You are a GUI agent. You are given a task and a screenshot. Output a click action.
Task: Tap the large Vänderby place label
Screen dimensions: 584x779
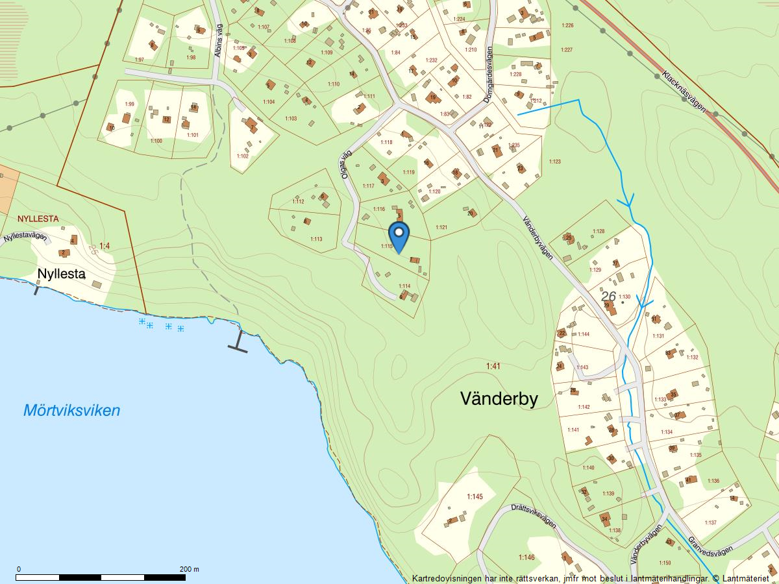click(x=499, y=398)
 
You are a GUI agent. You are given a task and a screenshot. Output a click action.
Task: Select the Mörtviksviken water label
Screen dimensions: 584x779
click(x=71, y=411)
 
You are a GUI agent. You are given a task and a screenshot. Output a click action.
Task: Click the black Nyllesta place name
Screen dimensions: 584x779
click(x=61, y=274)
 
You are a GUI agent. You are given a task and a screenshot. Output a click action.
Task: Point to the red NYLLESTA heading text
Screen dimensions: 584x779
click(x=38, y=219)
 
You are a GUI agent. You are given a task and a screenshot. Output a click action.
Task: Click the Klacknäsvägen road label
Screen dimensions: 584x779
click(x=684, y=91)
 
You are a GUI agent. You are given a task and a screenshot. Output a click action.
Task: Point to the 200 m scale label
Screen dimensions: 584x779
click(x=190, y=569)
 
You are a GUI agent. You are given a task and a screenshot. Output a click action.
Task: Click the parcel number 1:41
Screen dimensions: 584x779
click(x=493, y=367)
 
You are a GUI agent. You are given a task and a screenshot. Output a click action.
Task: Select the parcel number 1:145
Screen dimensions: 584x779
click(x=475, y=497)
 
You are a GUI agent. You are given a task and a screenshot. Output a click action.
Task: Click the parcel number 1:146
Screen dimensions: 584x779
click(x=526, y=557)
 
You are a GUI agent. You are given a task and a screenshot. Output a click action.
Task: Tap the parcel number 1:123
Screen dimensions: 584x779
click(x=554, y=161)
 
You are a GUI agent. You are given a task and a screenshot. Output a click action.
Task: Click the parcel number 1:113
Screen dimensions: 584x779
click(x=315, y=239)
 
